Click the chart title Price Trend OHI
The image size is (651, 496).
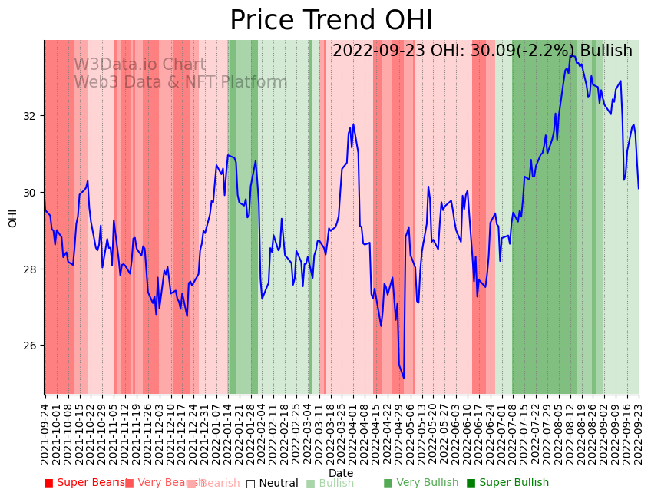331,21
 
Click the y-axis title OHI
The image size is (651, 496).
13,217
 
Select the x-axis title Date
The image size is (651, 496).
341,474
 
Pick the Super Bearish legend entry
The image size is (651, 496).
86,483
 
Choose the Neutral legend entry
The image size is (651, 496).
272,483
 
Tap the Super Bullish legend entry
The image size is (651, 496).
507,483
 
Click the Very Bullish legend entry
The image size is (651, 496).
421,483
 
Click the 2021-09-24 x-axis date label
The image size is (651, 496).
45,432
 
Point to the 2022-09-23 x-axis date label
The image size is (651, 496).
639,432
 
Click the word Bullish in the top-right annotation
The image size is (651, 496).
606,51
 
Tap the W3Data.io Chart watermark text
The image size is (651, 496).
140,65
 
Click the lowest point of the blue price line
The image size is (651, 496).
404,378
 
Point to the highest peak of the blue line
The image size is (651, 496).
572,55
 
